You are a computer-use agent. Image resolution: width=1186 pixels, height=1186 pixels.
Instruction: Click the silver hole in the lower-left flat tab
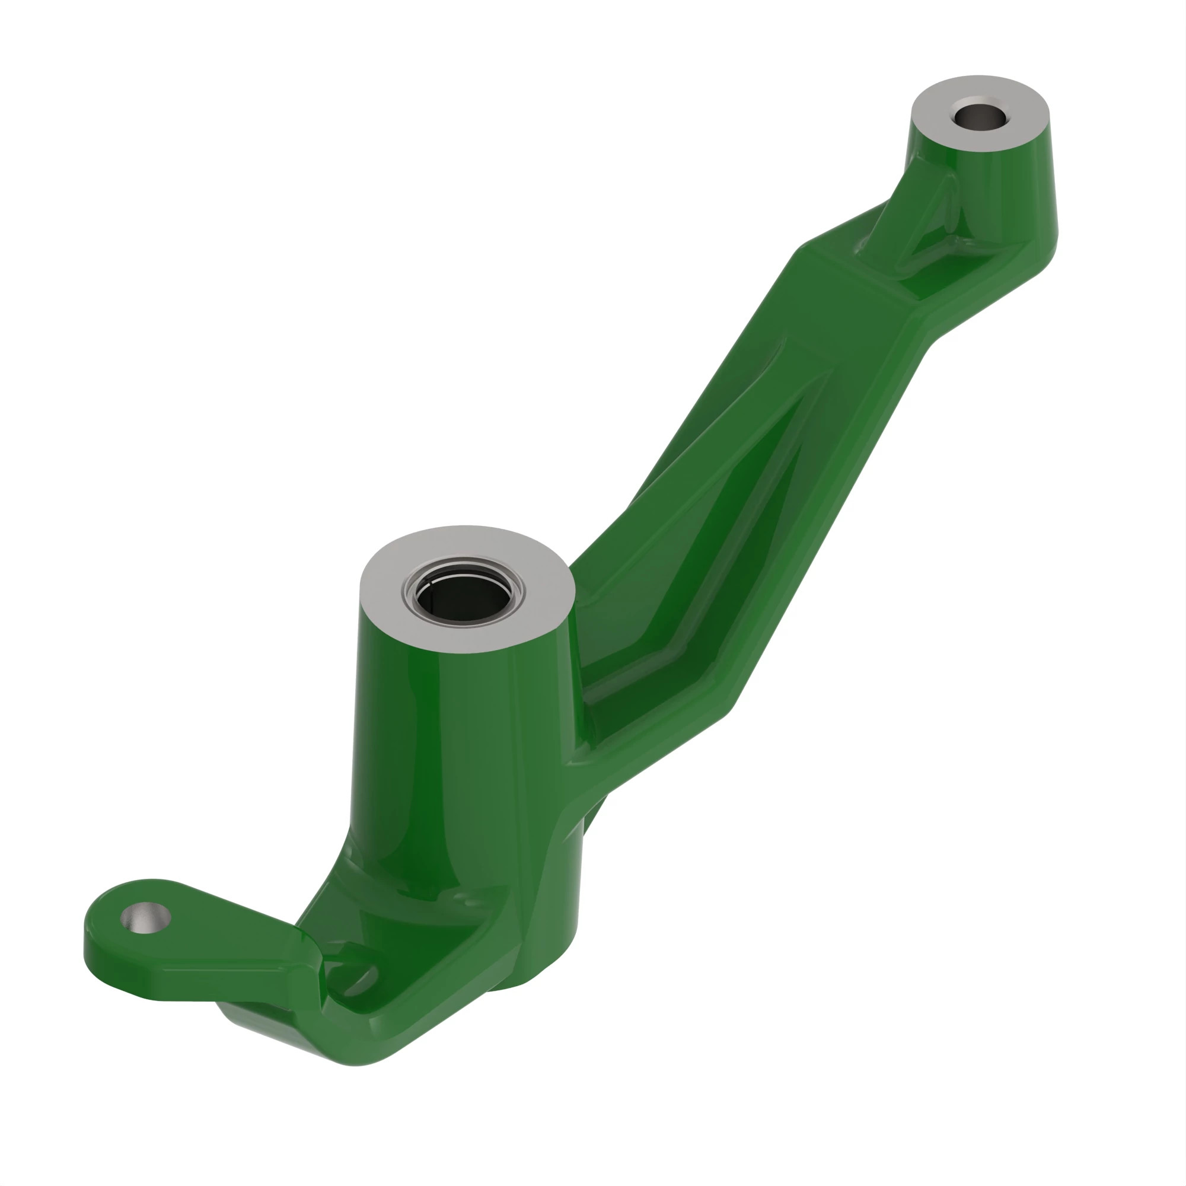click(x=145, y=917)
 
